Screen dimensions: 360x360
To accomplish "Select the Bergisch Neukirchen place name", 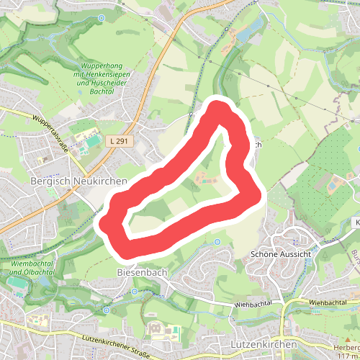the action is pos(78,182).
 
